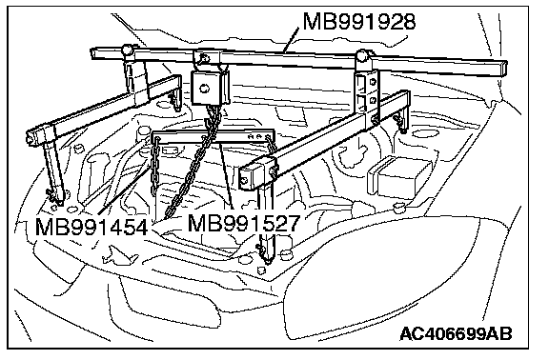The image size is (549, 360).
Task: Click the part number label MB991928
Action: click(x=359, y=21)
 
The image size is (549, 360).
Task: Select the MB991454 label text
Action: click(x=91, y=227)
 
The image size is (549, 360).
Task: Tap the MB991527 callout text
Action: click(x=244, y=223)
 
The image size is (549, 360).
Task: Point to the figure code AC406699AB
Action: click(x=456, y=333)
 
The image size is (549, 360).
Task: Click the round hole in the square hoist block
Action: click(x=203, y=88)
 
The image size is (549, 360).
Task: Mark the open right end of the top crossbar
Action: click(x=503, y=69)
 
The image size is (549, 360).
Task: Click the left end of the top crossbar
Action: click(x=93, y=53)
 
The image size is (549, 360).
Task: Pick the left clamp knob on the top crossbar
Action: click(x=127, y=50)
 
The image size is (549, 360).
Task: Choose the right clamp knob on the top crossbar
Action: click(x=363, y=55)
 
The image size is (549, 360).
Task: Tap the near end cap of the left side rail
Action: click(x=32, y=137)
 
